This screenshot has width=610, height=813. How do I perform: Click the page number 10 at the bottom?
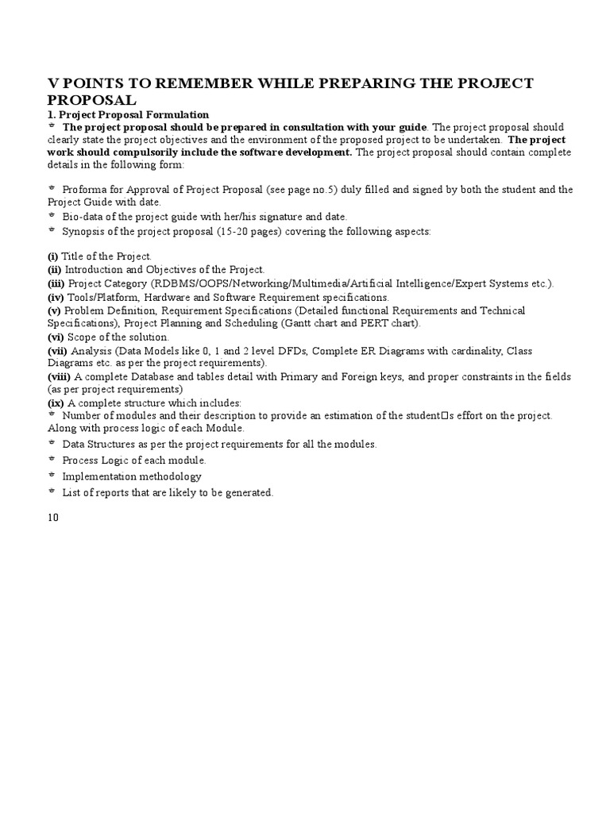[53, 517]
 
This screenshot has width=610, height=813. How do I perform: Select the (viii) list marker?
[60, 376]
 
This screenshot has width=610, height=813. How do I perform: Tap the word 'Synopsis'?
[85, 231]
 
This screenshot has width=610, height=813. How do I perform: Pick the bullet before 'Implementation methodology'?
[52, 476]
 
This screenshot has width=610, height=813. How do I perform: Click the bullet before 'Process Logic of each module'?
[52, 460]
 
